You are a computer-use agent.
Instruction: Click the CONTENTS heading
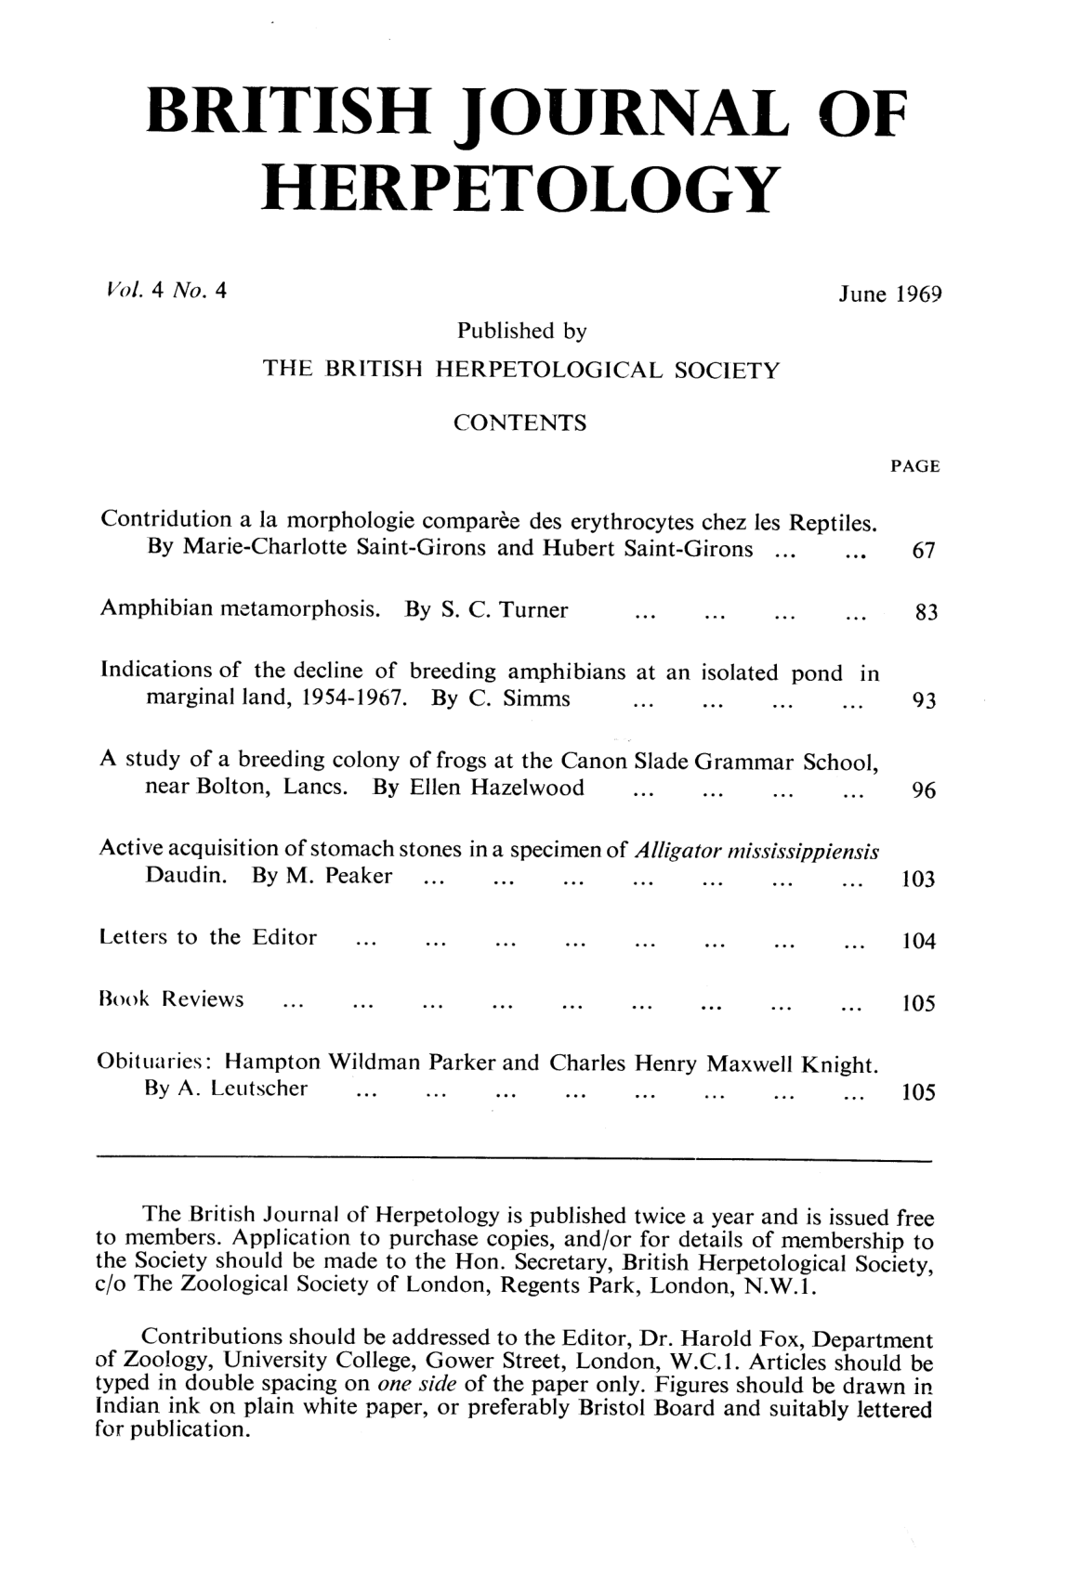[519, 424]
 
